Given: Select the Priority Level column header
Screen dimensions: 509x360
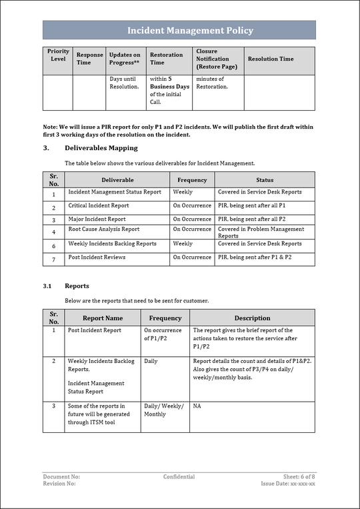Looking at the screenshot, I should tap(58, 55).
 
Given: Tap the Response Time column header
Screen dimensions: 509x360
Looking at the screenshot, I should tap(89, 59).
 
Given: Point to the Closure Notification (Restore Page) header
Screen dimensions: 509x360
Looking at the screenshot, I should tap(217, 59).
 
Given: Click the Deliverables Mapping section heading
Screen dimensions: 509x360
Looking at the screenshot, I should tap(101, 148).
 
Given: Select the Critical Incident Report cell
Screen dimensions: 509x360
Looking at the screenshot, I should tap(99, 205).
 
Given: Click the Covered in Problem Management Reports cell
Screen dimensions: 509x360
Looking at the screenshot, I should tap(261, 232).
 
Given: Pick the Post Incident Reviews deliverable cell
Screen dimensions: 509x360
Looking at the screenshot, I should tap(97, 257).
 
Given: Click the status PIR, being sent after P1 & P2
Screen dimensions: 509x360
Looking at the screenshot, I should tap(255, 257).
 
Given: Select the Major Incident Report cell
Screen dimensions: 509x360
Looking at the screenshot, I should tap(97, 219).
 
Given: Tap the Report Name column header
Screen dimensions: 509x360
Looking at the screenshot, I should tap(102, 318).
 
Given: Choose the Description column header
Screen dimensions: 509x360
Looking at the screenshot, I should tap(252, 318).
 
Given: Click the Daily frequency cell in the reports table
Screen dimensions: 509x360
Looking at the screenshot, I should tap(151, 361).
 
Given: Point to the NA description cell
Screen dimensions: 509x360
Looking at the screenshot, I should tap(197, 406).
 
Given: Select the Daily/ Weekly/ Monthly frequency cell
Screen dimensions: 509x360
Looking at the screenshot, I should tap(164, 410).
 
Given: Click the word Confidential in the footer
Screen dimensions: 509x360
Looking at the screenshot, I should tap(179, 476).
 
